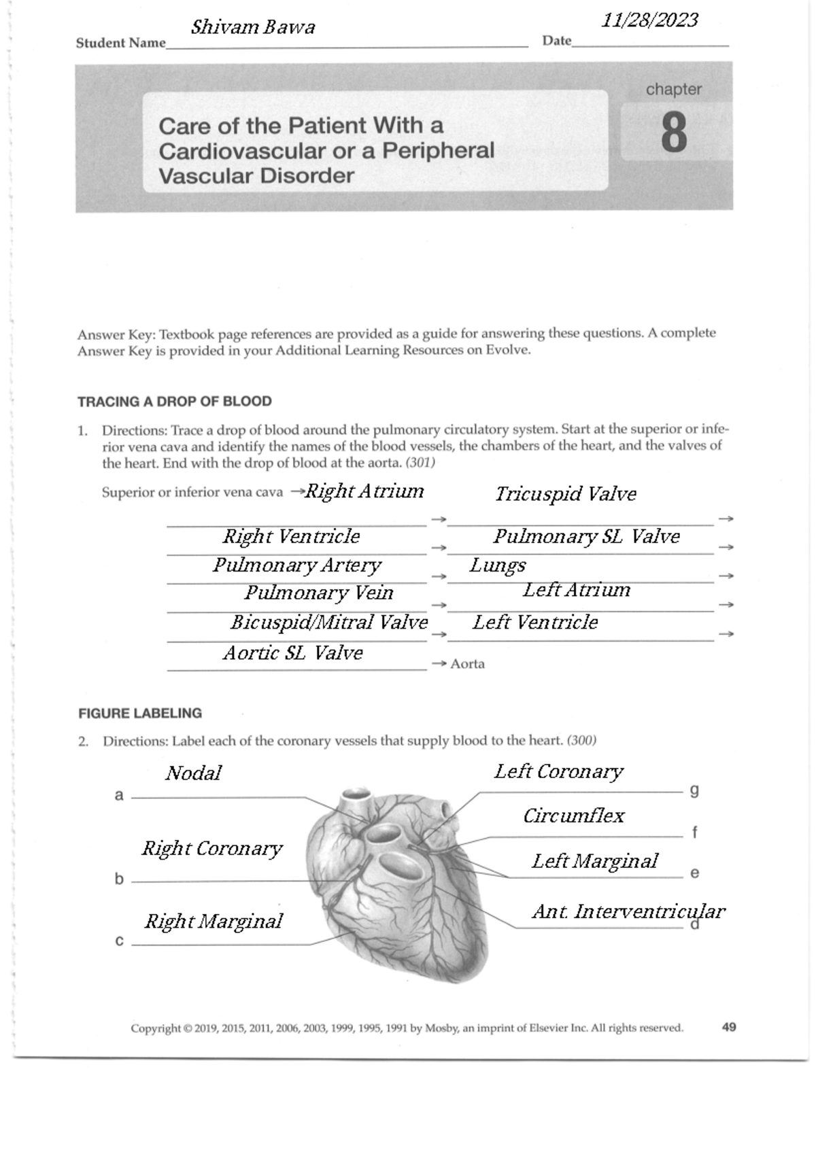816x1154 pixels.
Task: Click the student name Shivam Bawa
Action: point(253,27)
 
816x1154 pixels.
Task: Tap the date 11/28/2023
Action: point(649,20)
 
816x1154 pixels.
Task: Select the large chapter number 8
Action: point(673,133)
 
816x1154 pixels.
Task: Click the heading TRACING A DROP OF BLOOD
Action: point(175,402)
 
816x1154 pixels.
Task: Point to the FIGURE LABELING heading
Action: point(140,714)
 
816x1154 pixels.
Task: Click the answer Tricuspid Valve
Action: point(566,494)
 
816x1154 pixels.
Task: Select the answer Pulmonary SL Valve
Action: point(586,537)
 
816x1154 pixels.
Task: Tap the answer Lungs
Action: point(498,565)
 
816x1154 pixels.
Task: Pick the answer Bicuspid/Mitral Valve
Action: point(329,623)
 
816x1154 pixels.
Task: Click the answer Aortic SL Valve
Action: point(293,653)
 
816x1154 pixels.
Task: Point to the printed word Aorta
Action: point(467,664)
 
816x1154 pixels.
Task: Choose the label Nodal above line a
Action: point(193,773)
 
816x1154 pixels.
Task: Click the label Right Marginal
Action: point(214,922)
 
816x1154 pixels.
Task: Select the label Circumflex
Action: point(573,816)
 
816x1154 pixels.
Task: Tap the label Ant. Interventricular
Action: point(628,911)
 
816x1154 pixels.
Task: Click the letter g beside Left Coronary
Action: point(694,790)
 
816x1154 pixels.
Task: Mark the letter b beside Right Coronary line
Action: point(119,879)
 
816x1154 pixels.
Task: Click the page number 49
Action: point(729,1027)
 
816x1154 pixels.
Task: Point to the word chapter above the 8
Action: point(673,89)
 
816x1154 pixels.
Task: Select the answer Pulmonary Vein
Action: point(319,593)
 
